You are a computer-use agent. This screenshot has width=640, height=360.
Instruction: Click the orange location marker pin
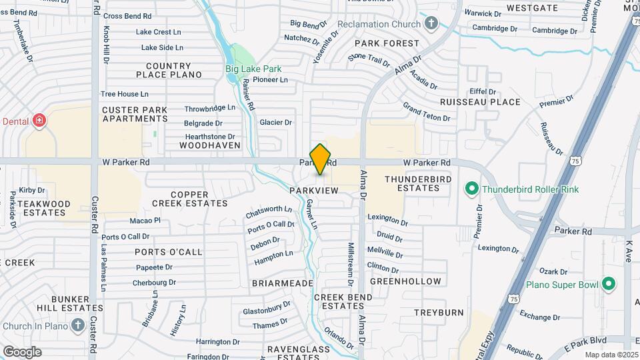320,159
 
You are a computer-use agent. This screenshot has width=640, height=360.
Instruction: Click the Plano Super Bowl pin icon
608,285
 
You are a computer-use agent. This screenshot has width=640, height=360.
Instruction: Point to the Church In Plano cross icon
77,326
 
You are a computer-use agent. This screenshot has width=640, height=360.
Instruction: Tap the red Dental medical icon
39,121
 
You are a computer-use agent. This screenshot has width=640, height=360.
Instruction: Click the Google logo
22,351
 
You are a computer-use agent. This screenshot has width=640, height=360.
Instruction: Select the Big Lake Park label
253,69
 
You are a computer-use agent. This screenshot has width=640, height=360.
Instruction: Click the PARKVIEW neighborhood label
314,191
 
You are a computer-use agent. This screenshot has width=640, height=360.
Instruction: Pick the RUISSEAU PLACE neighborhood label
480,102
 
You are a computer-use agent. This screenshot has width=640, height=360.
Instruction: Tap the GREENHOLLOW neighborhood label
405,281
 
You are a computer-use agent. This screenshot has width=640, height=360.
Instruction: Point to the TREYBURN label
438,312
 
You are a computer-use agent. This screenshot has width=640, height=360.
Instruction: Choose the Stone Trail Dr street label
369,60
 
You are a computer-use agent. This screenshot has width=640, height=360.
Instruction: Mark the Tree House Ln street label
124,94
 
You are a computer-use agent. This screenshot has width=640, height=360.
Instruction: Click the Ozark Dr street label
553,272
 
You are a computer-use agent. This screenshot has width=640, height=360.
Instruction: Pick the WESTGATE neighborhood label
532,8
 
